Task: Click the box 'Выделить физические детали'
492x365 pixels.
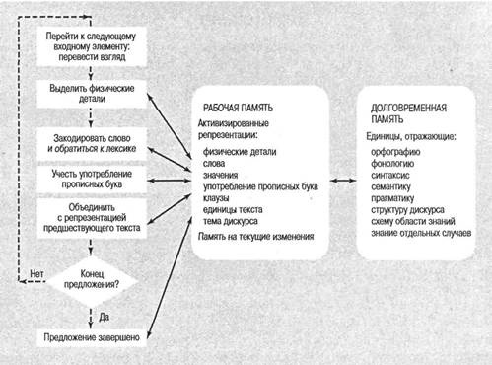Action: click(x=92, y=94)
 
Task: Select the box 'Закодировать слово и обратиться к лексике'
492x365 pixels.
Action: click(x=92, y=144)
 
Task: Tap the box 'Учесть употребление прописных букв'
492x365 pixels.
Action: click(x=92, y=179)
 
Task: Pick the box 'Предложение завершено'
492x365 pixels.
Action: click(x=92, y=337)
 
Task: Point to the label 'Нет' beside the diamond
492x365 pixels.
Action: click(x=36, y=273)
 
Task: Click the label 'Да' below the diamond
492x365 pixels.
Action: click(x=104, y=317)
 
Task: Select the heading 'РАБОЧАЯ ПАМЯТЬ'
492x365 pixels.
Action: click(x=238, y=108)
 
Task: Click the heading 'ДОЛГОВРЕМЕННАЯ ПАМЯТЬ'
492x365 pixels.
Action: click(x=408, y=113)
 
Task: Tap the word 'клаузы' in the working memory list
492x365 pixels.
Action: click(x=216, y=198)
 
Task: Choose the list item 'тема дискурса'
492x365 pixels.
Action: click(x=231, y=221)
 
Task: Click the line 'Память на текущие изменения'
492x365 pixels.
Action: click(x=256, y=236)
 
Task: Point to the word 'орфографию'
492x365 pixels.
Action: click(x=395, y=152)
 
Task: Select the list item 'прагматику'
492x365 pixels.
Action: click(x=392, y=198)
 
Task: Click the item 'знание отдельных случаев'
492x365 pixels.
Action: click(x=421, y=233)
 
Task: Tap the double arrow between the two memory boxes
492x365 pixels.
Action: click(x=343, y=181)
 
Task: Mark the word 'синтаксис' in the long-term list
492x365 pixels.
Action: click(x=390, y=175)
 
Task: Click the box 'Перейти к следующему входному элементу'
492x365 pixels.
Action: click(x=92, y=46)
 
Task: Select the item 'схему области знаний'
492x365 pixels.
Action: click(x=413, y=221)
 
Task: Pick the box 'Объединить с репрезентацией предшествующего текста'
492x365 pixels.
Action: click(x=92, y=218)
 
